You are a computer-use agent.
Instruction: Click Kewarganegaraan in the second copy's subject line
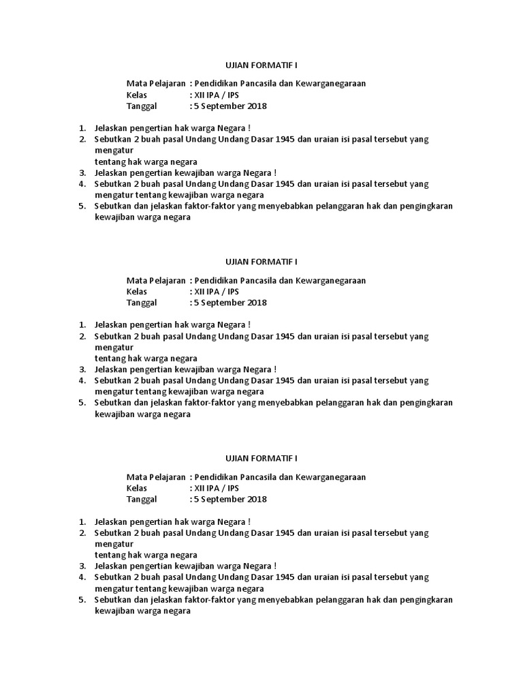coord(330,280)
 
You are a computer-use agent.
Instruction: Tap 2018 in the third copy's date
coord(257,499)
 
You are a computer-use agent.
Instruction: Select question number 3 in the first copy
coord(82,173)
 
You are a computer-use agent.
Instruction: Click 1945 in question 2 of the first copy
coord(281,139)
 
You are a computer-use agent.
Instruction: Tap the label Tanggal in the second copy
coord(142,303)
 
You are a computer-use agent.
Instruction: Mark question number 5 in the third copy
coord(82,600)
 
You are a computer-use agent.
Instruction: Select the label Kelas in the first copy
coord(137,95)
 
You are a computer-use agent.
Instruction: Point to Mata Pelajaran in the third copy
coord(156,477)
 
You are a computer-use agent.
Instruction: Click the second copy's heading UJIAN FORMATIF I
coord(261,262)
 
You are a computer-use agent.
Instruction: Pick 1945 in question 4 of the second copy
coord(281,380)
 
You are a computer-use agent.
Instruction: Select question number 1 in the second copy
coord(82,324)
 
